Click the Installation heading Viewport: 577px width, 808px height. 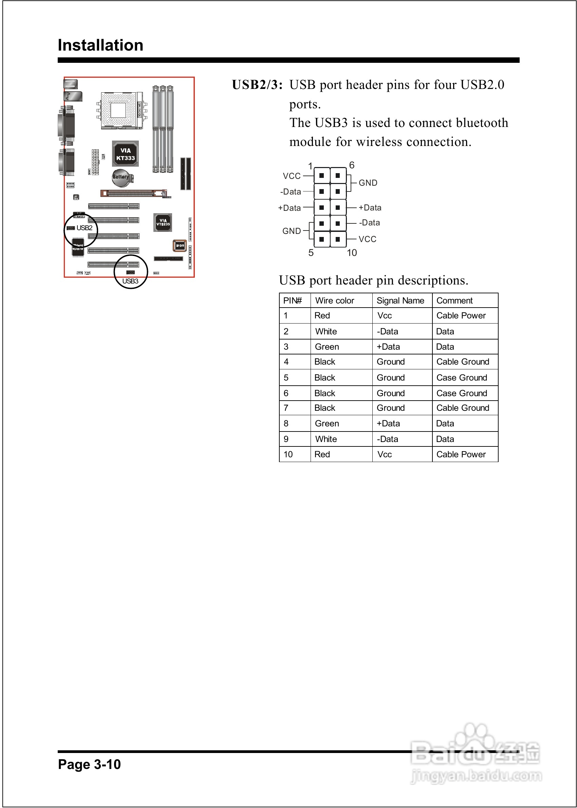point(100,45)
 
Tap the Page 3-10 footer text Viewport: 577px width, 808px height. point(89,764)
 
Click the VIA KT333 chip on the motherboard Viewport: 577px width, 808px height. point(126,154)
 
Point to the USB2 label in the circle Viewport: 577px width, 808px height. point(85,228)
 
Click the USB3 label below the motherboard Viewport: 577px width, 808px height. point(130,281)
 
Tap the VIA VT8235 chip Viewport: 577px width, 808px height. point(163,222)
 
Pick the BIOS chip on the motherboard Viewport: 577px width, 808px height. point(180,245)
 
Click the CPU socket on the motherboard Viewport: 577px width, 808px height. point(118,110)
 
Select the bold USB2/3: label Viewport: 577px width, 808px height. point(257,85)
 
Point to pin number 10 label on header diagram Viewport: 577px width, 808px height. point(352,253)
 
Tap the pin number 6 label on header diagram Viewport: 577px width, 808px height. point(352,165)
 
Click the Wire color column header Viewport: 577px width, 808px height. point(335,300)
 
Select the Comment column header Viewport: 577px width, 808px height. point(454,300)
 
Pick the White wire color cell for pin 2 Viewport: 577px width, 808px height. point(326,331)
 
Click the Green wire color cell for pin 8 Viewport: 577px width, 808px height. point(327,424)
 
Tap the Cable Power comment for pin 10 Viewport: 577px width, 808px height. point(461,455)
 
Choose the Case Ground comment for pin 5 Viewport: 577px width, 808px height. point(462,378)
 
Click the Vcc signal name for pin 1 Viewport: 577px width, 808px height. point(385,315)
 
